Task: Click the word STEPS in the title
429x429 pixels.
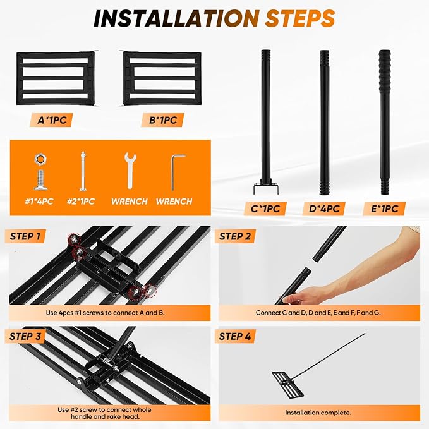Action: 300,18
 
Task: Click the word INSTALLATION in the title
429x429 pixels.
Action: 176,18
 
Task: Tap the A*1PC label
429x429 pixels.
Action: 52,120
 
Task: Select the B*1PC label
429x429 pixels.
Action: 163,120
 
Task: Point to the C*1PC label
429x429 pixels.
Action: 265,208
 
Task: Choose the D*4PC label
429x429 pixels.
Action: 324,208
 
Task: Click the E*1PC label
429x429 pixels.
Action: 384,208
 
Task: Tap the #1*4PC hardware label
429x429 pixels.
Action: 39,202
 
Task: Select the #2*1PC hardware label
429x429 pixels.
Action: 81,202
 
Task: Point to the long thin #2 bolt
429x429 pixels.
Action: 83,171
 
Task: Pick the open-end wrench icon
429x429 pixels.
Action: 130,171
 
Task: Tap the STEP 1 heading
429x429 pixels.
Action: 25,236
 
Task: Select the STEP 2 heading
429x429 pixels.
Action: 235,236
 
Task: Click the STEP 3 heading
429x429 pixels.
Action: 25,336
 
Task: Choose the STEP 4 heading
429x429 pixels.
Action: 235,336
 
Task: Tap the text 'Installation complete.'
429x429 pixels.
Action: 318,413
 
